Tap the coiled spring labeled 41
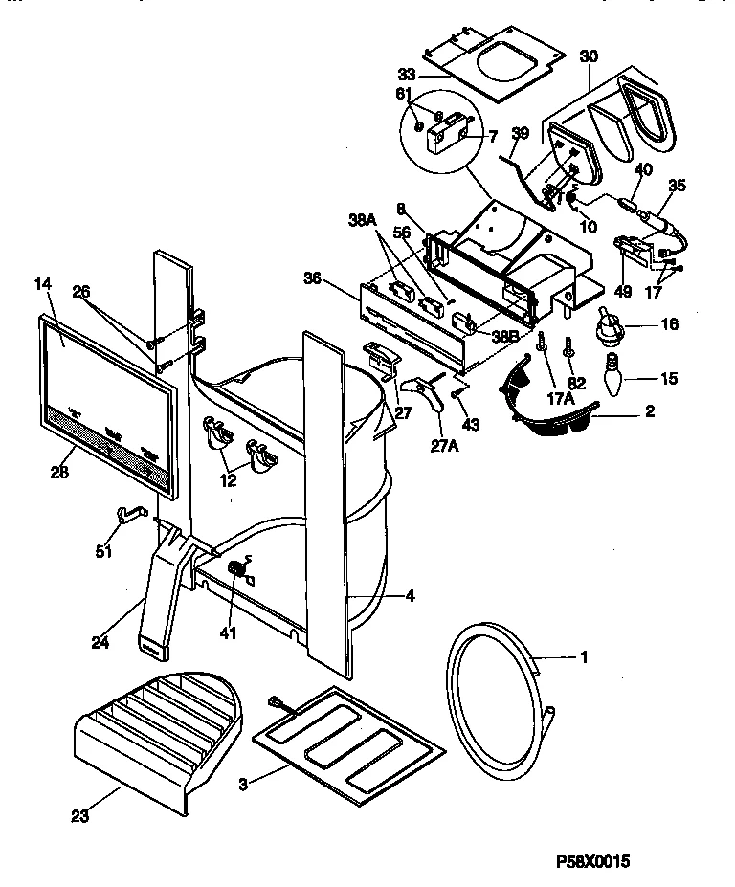235,572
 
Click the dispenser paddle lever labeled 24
162,594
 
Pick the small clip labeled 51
127,516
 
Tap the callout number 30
588,56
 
